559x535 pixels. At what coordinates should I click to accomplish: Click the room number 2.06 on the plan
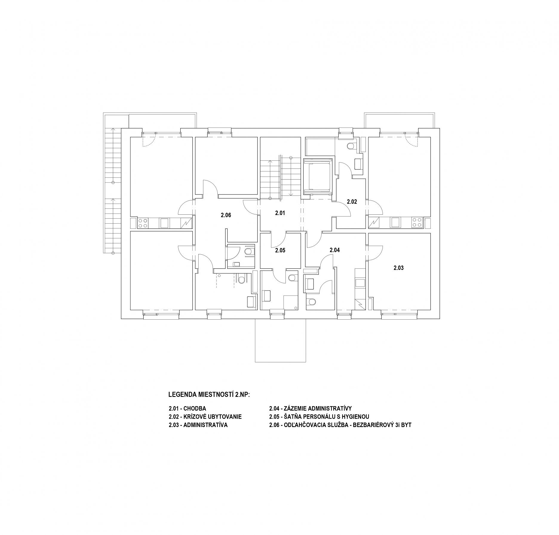pyautogui.click(x=226, y=215)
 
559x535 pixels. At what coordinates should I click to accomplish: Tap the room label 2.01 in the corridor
pyautogui.click(x=280, y=213)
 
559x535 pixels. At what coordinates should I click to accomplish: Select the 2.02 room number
pyautogui.click(x=352, y=202)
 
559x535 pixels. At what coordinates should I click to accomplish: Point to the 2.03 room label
pyautogui.click(x=398, y=268)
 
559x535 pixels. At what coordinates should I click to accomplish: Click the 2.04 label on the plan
pyautogui.click(x=335, y=250)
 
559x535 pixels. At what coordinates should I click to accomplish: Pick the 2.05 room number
pyautogui.click(x=280, y=250)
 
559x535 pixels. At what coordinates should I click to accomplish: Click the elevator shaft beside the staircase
pyautogui.click(x=318, y=177)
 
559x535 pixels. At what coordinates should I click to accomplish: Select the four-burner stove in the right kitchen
pyautogui.click(x=417, y=223)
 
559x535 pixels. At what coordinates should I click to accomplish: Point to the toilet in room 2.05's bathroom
pyautogui.click(x=292, y=277)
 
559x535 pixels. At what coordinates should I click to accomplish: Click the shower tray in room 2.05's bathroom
pyautogui.click(x=291, y=302)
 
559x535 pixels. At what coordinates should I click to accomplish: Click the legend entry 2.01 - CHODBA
pyautogui.click(x=187, y=408)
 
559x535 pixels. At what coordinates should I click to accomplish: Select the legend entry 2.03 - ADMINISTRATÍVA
pyautogui.click(x=198, y=425)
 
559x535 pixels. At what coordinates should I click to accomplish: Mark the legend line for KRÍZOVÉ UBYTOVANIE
pyautogui.click(x=205, y=417)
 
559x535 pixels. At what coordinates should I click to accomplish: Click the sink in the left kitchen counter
pyautogui.click(x=164, y=223)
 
